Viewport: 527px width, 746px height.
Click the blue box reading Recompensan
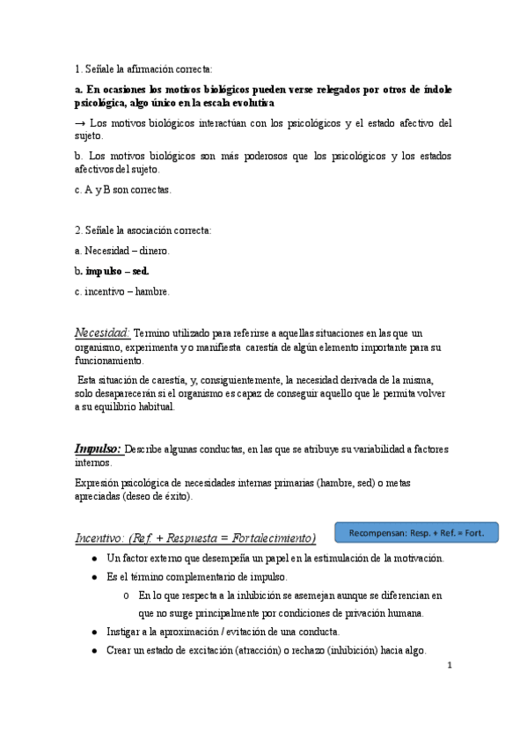(x=416, y=532)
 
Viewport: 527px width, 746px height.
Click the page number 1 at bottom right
(x=449, y=665)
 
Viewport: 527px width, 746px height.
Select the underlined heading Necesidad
(x=103, y=333)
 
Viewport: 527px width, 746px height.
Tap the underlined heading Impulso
(x=98, y=448)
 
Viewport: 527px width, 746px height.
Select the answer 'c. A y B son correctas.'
(x=123, y=189)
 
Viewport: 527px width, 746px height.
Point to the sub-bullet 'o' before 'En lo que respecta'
(x=128, y=596)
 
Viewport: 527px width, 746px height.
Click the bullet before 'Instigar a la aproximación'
(x=93, y=632)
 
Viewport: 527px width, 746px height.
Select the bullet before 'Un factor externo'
(x=93, y=559)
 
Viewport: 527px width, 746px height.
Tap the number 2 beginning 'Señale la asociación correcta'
(x=77, y=230)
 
